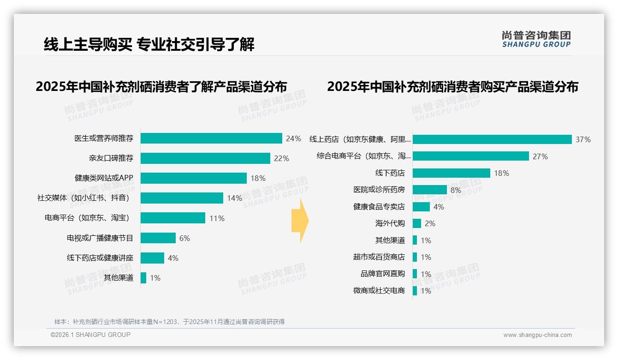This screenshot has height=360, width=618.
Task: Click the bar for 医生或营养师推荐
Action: coord(211,138)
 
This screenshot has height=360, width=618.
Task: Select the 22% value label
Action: coord(281,158)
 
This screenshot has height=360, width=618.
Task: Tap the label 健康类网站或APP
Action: coord(104,178)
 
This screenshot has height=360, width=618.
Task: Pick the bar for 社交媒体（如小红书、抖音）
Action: coord(182,198)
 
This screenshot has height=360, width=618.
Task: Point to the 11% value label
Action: coord(217,218)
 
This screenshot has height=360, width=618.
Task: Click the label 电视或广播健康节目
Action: coord(100,238)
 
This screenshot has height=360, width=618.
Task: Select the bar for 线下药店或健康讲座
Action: coord(152,258)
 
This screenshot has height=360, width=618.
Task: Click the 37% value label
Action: coord(583,139)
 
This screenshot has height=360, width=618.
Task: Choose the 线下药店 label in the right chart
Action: coord(390,173)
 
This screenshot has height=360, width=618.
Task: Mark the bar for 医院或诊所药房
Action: coord(429,190)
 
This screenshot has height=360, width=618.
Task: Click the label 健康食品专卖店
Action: coord(379,207)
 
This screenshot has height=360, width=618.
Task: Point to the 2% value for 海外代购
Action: coord(430,223)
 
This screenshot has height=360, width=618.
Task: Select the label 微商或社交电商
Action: coord(379,291)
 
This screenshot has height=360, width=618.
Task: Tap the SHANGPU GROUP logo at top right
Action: coord(536,39)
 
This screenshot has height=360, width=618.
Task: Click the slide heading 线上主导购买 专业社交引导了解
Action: coord(149,44)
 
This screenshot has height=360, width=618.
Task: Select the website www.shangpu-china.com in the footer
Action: coord(537,335)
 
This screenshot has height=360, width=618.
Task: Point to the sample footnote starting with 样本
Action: coord(169,322)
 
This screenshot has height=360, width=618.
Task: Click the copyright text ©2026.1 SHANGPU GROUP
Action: coord(90,335)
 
